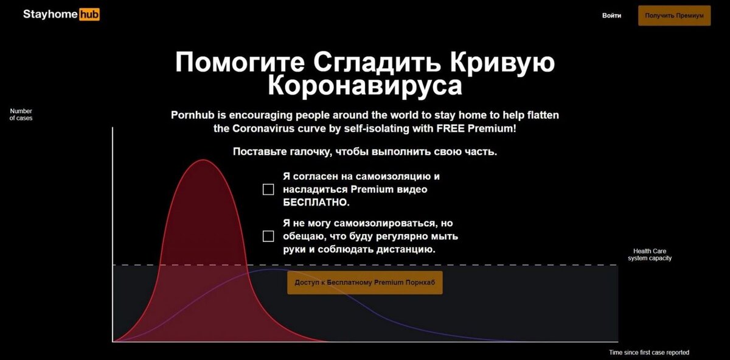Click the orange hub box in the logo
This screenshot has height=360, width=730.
coord(89,15)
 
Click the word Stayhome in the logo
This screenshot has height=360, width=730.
coord(50,15)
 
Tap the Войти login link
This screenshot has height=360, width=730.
coord(611,15)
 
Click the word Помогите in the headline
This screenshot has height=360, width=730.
coord(240,62)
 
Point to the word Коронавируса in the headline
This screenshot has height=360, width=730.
coord(365,85)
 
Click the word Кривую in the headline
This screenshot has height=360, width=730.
coord(502,63)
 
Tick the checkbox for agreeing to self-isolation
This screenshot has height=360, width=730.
coord(268,189)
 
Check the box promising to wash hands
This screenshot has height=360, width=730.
coord(268,236)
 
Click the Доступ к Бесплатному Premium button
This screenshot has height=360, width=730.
coord(364,282)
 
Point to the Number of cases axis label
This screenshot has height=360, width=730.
coord(21,115)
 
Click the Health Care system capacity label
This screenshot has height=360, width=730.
coord(650,254)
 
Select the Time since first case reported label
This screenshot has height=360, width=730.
coord(649,353)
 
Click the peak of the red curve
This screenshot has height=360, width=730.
coord(203,160)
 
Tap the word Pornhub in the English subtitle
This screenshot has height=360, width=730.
coord(193,115)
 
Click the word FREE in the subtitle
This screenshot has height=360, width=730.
coord(451,128)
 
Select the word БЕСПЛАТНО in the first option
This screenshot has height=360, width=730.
coord(316,202)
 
